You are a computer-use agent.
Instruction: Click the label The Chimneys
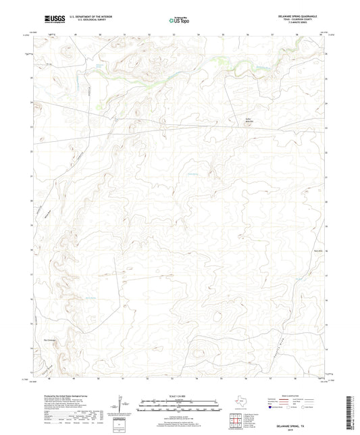point(50,340)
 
